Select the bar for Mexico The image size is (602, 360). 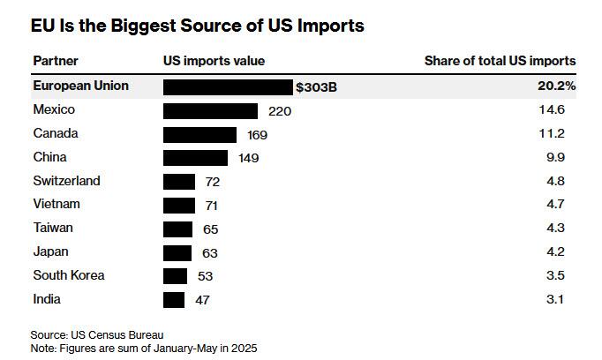(x=210, y=110)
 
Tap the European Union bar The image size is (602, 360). (x=228, y=86)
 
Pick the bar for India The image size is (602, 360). (x=174, y=300)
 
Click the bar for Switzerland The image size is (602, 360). (x=179, y=182)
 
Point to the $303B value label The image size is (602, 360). (x=317, y=87)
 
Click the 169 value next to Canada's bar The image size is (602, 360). (x=257, y=135)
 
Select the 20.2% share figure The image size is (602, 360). (x=557, y=86)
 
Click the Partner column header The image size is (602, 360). (x=56, y=61)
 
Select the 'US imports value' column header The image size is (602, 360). (x=214, y=61)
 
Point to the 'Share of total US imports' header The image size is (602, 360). (x=500, y=61)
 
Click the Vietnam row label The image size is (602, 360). (x=56, y=205)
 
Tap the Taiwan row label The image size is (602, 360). (x=53, y=229)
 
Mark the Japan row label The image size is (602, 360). (x=51, y=252)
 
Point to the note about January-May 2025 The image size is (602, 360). (x=144, y=348)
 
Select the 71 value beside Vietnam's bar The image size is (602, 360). (x=212, y=206)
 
